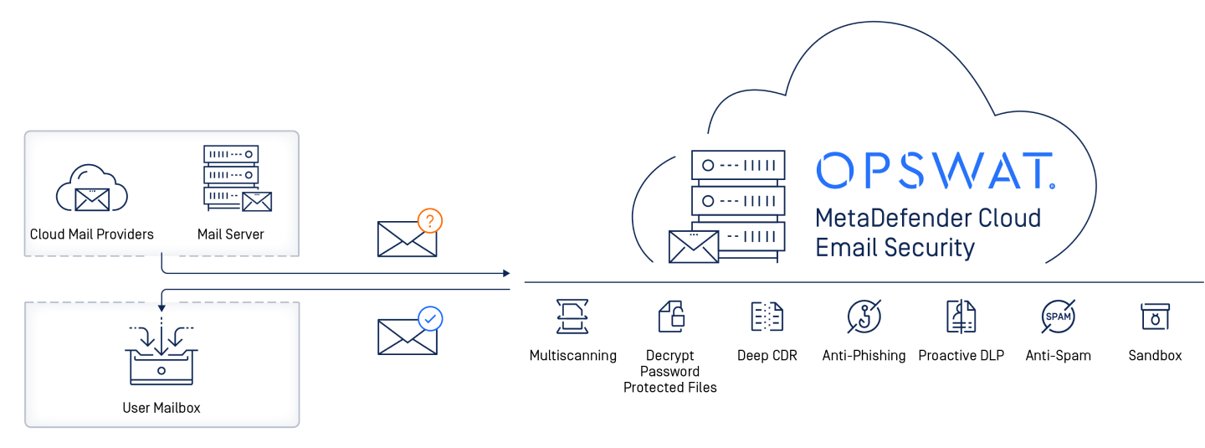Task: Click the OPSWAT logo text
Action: coord(935,171)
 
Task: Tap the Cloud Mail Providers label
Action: coord(92,234)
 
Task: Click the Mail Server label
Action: coord(231,234)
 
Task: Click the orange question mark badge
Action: coord(429,221)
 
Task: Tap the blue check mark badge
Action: coord(430,319)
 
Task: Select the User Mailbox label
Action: coord(162,408)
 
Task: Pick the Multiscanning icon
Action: coord(573,317)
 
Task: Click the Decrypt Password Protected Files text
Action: coord(670,371)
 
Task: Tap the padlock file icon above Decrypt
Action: coord(670,317)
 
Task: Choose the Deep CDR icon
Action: coord(767,317)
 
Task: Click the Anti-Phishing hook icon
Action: coord(864,317)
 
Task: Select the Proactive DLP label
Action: coord(961,356)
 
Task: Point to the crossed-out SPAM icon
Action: coord(1058,317)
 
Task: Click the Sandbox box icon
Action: coord(1155,317)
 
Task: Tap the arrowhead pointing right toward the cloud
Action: coord(505,273)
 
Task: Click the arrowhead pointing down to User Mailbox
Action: coord(162,307)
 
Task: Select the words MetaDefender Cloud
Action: coord(928,219)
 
